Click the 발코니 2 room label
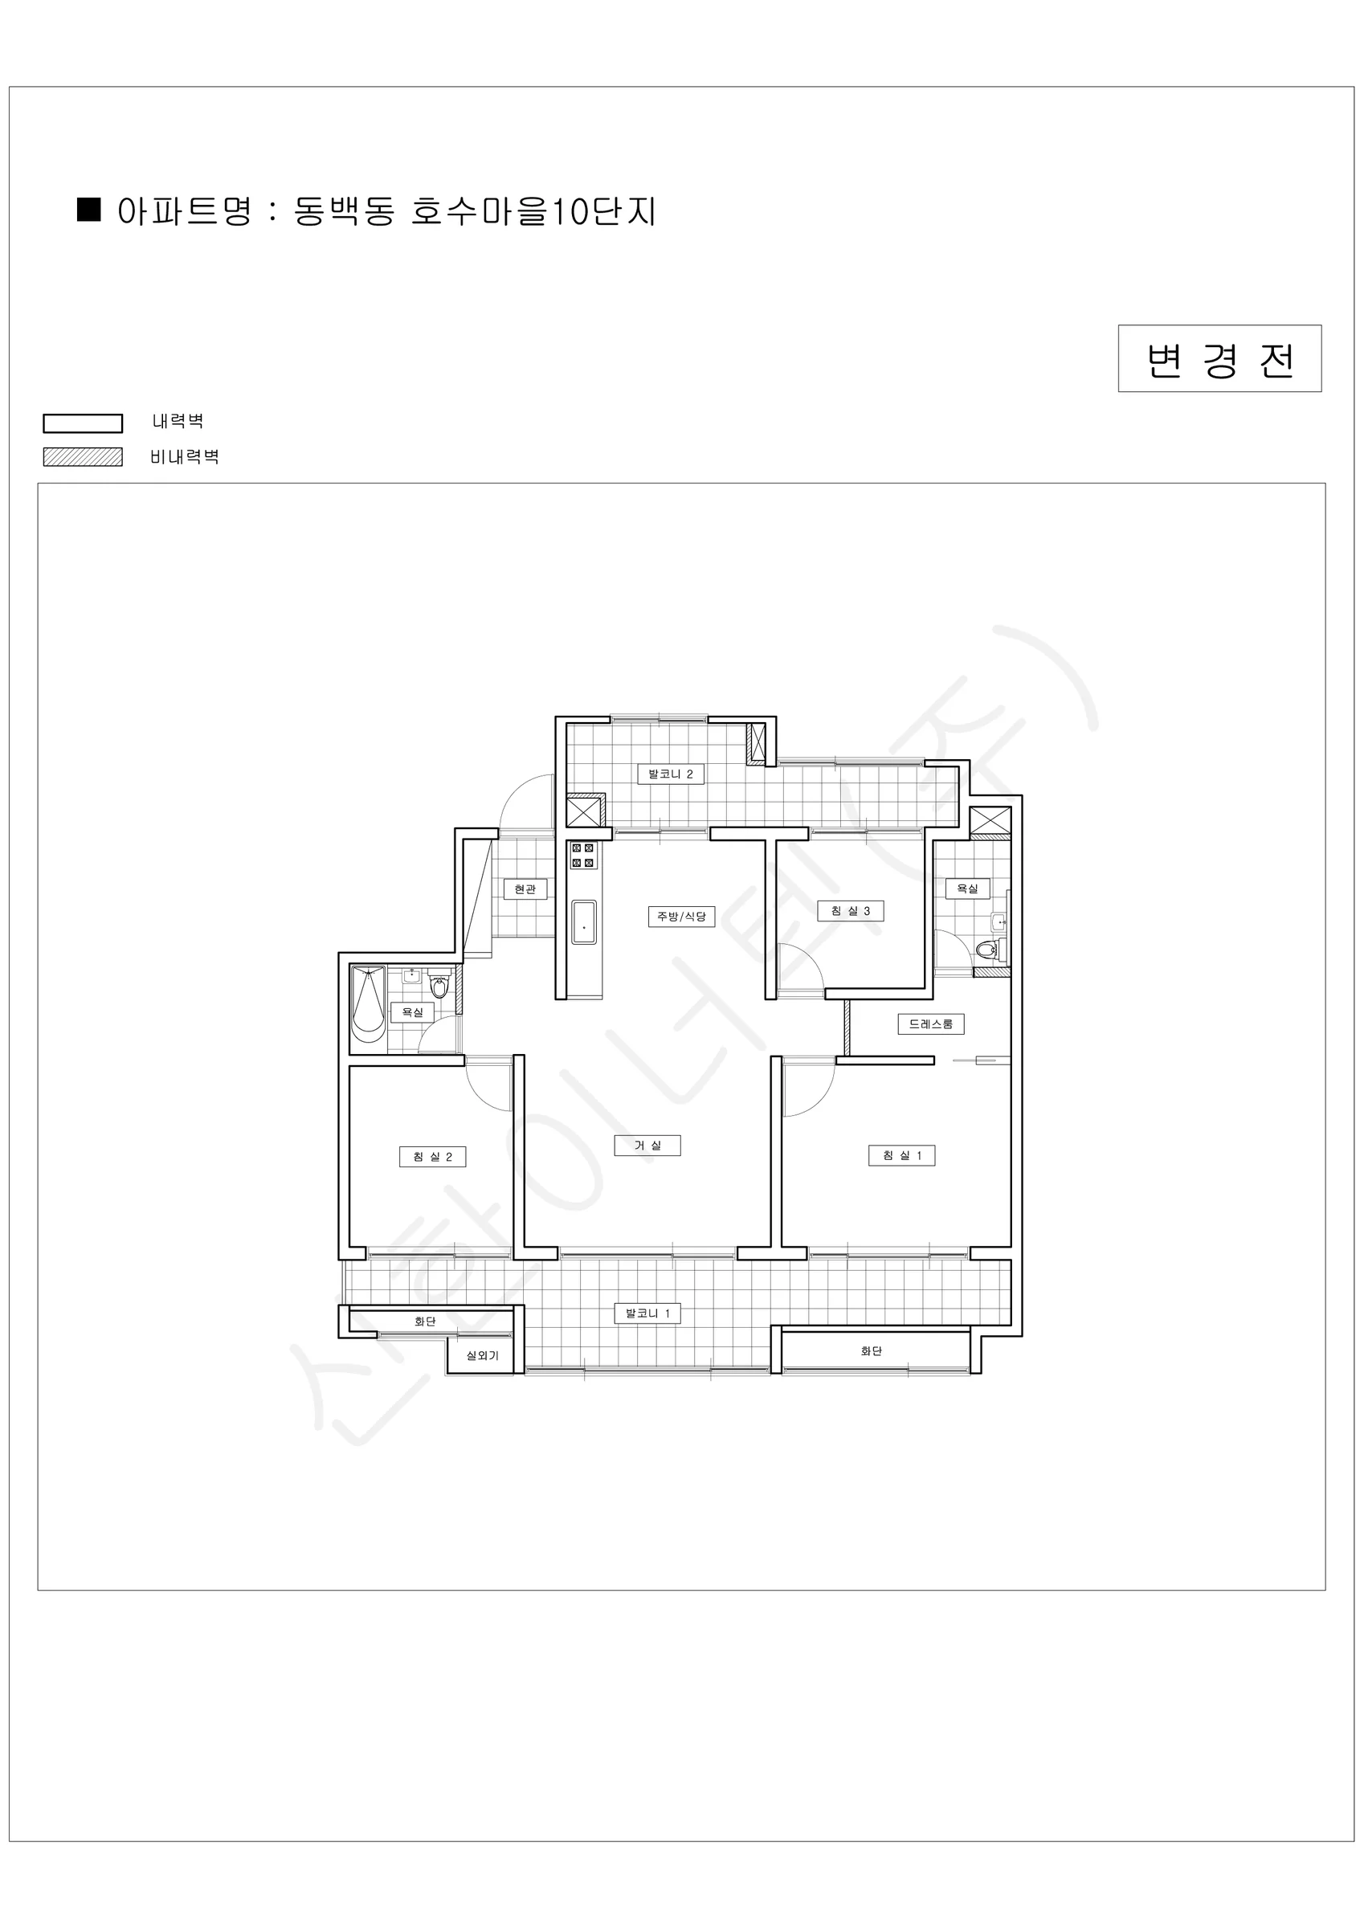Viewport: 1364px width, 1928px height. point(670,774)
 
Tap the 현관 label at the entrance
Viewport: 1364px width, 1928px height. point(525,888)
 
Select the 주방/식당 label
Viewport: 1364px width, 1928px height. point(681,916)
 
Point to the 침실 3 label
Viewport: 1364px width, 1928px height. point(850,910)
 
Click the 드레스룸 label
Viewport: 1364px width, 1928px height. point(930,1023)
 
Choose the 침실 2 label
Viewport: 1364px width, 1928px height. point(432,1156)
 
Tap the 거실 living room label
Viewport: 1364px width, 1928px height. point(647,1146)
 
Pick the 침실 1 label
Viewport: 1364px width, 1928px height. point(902,1155)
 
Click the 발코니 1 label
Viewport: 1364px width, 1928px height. point(647,1313)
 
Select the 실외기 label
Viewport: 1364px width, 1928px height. point(482,1355)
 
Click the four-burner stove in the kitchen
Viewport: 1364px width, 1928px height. point(583,855)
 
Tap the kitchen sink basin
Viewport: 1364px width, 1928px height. point(584,922)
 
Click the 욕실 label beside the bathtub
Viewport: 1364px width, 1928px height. point(412,1012)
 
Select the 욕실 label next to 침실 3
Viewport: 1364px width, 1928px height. point(967,888)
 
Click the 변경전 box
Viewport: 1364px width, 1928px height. point(1219,358)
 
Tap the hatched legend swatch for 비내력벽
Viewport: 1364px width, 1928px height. point(84,457)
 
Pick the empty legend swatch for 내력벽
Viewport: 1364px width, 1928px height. point(84,423)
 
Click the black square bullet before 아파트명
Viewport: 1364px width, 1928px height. point(89,210)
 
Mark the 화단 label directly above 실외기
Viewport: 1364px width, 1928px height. point(425,1321)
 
